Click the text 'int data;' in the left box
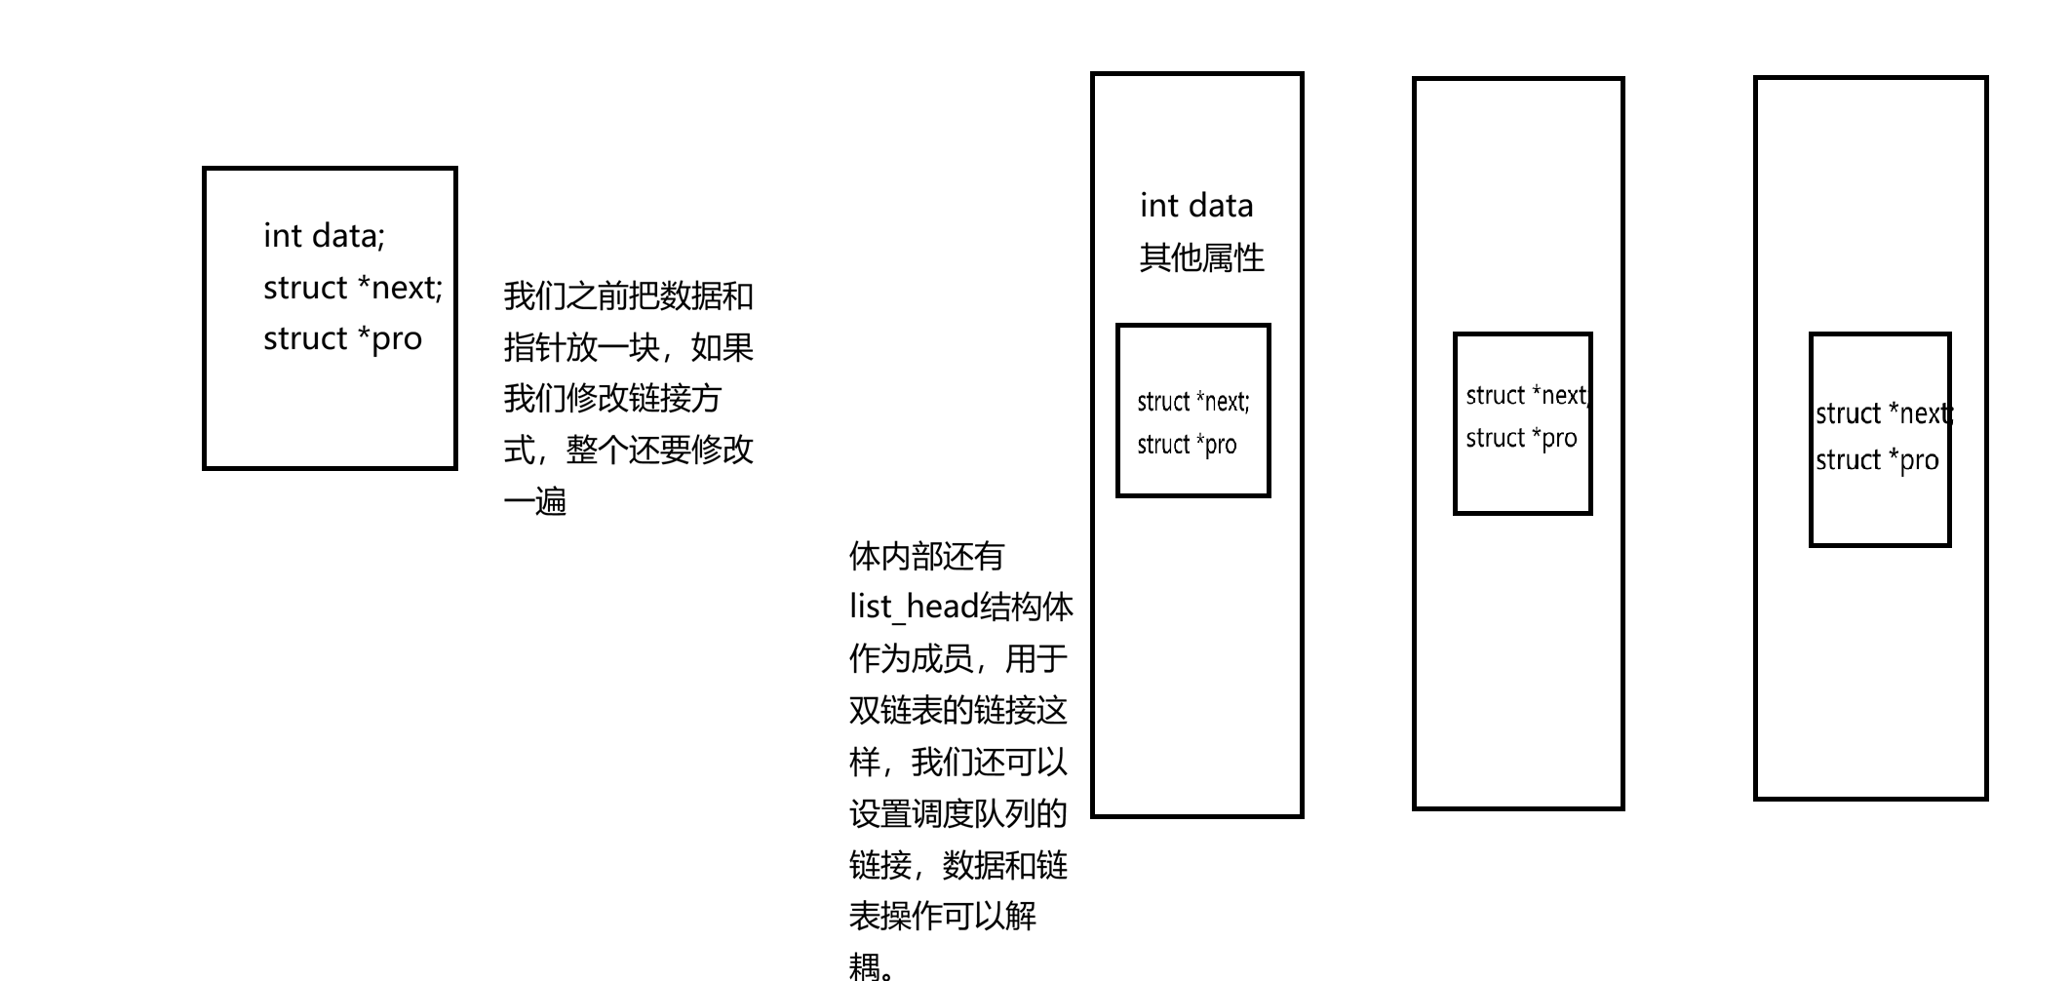click(x=324, y=236)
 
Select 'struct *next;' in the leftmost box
click(x=352, y=288)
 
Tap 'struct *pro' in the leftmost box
click(x=342, y=338)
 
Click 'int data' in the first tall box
click(x=1196, y=206)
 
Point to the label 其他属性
click(x=1201, y=257)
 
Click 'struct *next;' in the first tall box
click(x=1192, y=402)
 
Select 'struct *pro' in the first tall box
click(x=1186, y=445)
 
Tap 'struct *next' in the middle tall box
click(x=1527, y=395)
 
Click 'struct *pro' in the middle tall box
click(x=1521, y=438)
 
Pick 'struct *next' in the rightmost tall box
click(x=1882, y=413)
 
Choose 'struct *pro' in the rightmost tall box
click(x=1877, y=459)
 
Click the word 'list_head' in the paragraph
click(x=913, y=607)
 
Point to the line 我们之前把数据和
click(x=628, y=295)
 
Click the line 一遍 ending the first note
click(x=534, y=501)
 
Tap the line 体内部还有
click(x=926, y=556)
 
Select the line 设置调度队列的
click(x=957, y=813)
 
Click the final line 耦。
click(x=873, y=966)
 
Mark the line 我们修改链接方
click(x=612, y=398)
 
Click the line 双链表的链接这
click(x=957, y=710)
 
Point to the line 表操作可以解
click(x=942, y=916)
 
